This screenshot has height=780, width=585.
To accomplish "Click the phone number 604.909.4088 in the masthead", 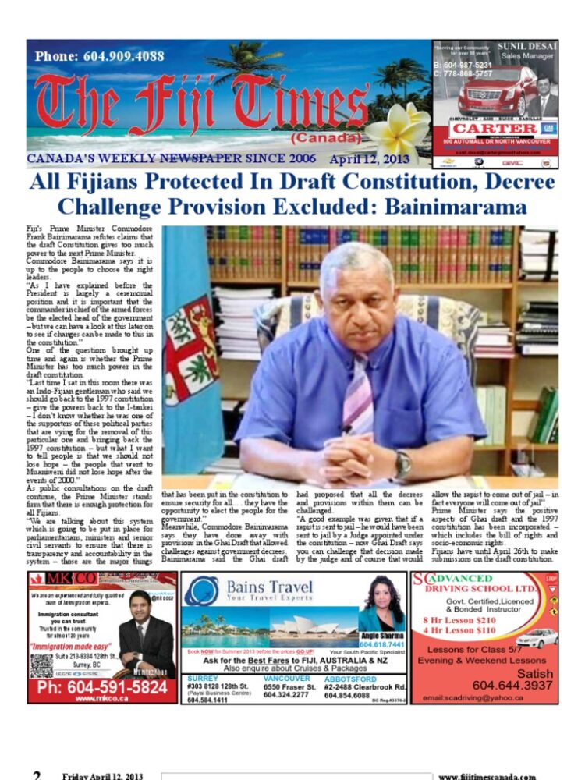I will [x=100, y=56].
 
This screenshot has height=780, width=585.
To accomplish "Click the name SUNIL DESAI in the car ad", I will [x=527, y=47].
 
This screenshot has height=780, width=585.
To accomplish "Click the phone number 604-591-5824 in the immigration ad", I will [x=102, y=687].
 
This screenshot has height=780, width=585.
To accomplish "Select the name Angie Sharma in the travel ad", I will [x=381, y=636].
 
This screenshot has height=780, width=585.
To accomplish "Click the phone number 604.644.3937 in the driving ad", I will [x=512, y=685].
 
